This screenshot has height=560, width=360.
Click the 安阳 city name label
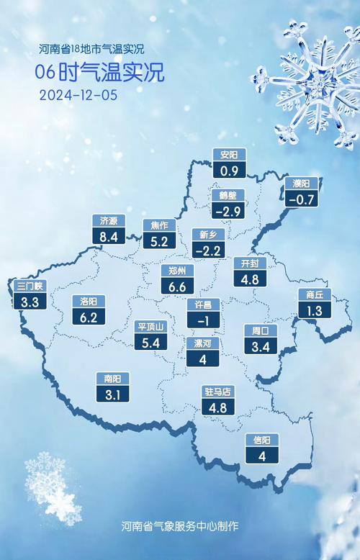(230, 154)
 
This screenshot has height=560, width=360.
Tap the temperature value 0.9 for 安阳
(230, 171)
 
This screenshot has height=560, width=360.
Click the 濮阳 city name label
(302, 183)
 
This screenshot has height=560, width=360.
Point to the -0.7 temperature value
(302, 199)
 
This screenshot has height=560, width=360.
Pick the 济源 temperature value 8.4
(109, 236)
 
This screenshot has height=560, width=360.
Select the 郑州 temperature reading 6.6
(177, 287)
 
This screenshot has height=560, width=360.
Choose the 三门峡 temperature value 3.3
(30, 302)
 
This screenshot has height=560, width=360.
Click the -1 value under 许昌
(203, 320)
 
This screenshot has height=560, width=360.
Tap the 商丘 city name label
(315, 294)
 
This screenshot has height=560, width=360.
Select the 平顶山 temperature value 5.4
(152, 343)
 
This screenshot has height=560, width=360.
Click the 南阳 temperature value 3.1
(112, 394)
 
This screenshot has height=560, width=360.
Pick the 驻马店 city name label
(217, 392)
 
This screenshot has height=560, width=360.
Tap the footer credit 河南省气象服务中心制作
(180, 526)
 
